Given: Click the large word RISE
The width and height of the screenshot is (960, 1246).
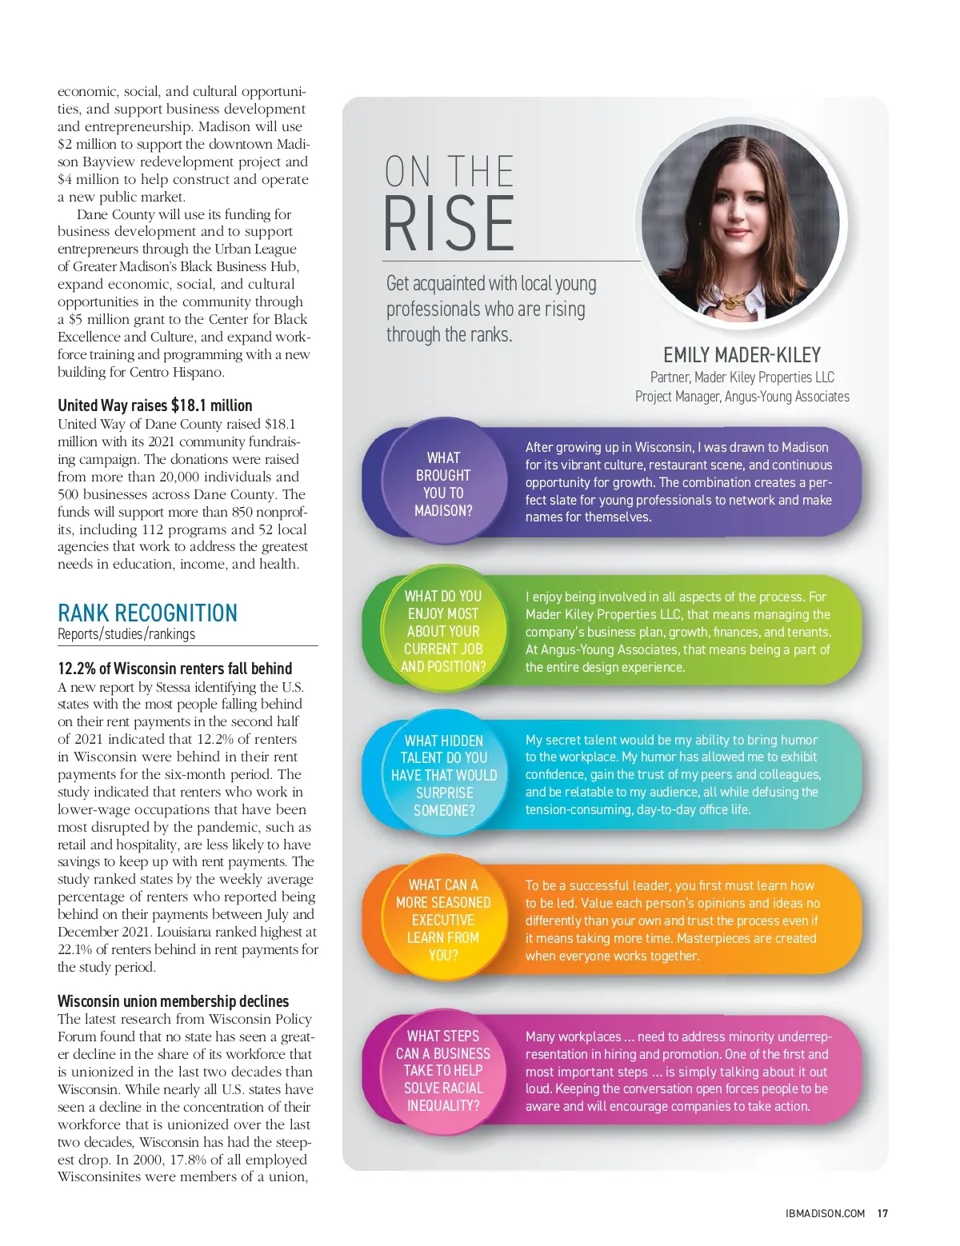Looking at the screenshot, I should coord(449,223).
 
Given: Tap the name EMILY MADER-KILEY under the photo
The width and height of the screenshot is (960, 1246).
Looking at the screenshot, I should coord(742,355).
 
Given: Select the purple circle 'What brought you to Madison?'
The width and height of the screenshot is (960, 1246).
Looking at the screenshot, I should coord(443,484).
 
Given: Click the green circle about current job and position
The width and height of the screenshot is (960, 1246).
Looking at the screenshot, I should coord(443,631).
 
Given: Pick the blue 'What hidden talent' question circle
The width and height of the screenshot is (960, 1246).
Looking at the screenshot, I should coord(444,775).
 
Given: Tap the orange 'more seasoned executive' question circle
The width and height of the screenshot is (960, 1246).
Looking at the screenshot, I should coord(443,920).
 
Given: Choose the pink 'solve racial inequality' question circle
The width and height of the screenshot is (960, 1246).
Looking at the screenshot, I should coord(443,1070).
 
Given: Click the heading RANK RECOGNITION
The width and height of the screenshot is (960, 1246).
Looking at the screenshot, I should coord(147,613).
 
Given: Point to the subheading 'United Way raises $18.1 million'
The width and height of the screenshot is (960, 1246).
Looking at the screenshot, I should coord(154,405).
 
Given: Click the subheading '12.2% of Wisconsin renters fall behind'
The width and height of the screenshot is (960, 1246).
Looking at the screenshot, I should coord(174,669).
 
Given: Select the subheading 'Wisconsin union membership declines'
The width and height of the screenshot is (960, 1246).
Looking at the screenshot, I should coord(173,1001).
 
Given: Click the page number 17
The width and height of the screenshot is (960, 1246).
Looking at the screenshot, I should coord(882,1213).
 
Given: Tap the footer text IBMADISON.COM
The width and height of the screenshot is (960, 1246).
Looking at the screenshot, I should coord(825,1213).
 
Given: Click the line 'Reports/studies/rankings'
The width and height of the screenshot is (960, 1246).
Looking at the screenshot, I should coord(126,634).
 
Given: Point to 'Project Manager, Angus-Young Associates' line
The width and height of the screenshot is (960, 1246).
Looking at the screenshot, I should coord(742,397).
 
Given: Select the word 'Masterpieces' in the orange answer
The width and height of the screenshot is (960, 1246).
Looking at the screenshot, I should coord(714,938).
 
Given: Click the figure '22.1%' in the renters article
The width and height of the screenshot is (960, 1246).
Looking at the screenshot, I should coord(74,949).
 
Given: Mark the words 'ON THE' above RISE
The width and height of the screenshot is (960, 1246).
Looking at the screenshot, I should coord(449,171).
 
